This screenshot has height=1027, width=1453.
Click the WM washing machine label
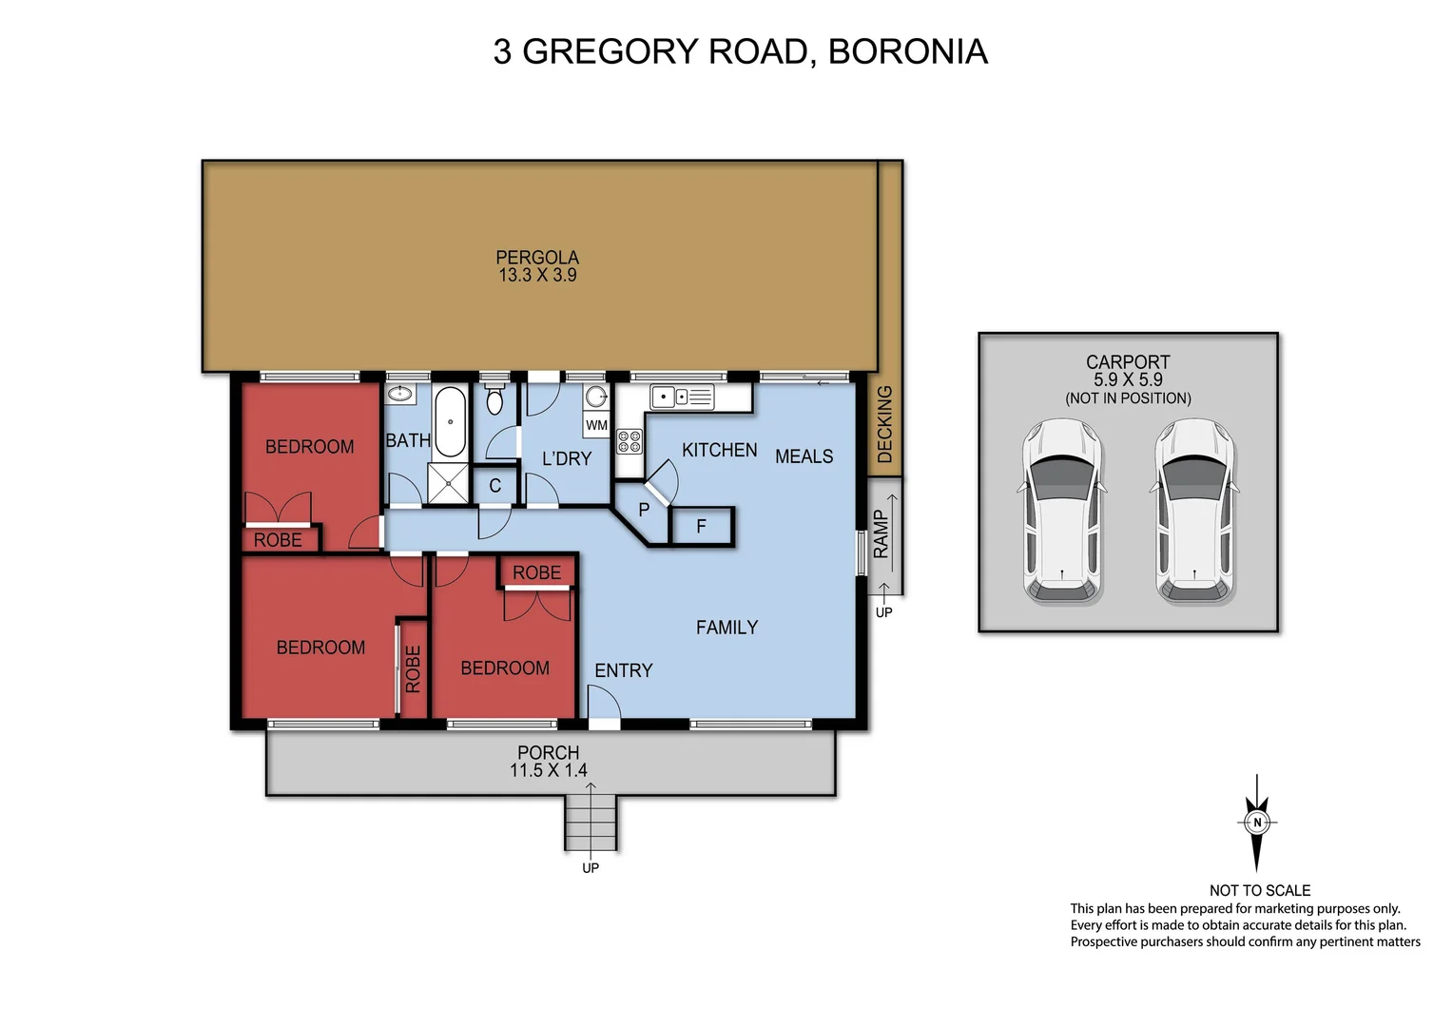coord(596,425)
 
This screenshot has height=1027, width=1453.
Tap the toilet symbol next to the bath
coord(494,400)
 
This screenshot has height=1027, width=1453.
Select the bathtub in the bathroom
coord(449,422)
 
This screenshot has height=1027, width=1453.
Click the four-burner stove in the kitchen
coord(630,441)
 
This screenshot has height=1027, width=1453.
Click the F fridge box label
coord(702,527)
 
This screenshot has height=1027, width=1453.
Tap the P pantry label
coord(644,510)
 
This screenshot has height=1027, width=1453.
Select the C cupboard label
coord(494,486)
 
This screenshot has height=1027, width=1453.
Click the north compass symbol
coord(1257,823)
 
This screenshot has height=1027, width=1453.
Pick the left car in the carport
coord(1061,511)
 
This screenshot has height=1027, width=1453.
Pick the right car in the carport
coord(1194,511)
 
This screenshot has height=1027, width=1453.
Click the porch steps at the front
coord(591,824)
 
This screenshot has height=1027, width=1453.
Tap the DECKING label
coord(885,424)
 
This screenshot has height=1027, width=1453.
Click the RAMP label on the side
coord(881,534)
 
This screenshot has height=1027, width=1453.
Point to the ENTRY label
coord(624,670)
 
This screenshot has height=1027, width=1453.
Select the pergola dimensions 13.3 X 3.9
coord(537,276)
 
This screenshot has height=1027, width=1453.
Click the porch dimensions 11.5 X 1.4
coord(549,771)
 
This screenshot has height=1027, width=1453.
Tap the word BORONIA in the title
coord(907,51)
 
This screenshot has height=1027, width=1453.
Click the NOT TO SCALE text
coord(1259,891)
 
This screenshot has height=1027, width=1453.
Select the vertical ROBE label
coord(413,669)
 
